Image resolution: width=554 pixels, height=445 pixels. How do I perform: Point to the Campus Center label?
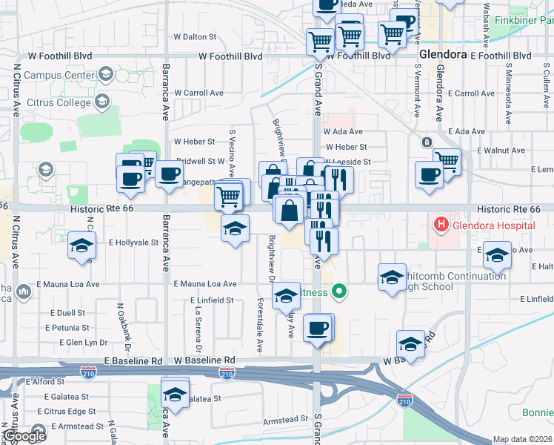(59, 75)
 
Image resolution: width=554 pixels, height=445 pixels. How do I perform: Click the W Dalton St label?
(195, 36)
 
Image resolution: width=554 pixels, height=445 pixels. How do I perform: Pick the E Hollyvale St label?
(134, 243)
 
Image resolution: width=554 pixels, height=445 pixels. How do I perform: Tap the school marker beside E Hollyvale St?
(81, 246)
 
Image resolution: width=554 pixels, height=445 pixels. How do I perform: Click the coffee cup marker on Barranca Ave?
(170, 175)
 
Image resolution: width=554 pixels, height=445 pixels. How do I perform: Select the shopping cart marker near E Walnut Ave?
(447, 160)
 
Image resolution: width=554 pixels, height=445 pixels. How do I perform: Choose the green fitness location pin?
(340, 291)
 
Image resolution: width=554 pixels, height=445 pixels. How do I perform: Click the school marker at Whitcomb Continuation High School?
(391, 278)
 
